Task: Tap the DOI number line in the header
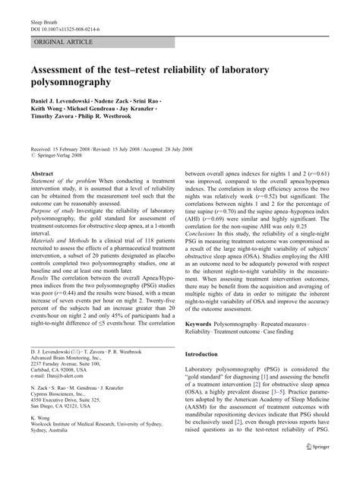tap(76, 17)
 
